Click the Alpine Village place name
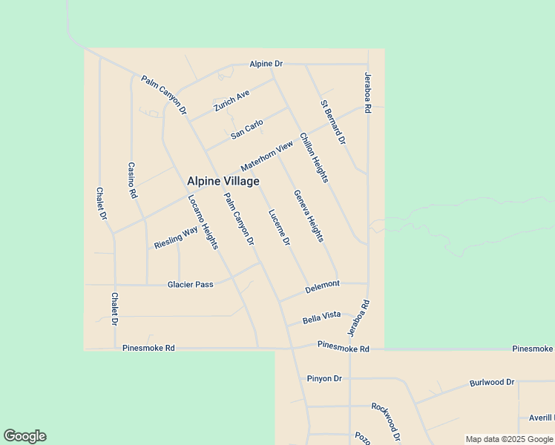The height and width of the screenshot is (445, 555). click(x=223, y=181)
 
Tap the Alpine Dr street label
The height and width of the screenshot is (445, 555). click(x=266, y=65)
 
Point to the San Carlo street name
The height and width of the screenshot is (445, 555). click(x=247, y=129)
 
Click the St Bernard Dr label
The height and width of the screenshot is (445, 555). click(x=333, y=122)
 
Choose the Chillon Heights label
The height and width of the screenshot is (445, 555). click(x=314, y=157)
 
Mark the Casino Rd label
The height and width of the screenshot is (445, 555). click(x=132, y=180)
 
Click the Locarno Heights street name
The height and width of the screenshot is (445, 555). click(x=203, y=222)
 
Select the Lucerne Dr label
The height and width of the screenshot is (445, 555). click(x=278, y=226)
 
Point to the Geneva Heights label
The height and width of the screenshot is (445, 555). click(x=309, y=216)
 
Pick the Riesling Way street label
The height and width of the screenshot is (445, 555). click(x=176, y=237)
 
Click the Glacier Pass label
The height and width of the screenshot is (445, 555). click(x=190, y=284)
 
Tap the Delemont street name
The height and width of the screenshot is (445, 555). click(x=323, y=285)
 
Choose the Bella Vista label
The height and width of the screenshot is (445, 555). click(x=322, y=317)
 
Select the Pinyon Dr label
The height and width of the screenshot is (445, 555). click(x=324, y=378)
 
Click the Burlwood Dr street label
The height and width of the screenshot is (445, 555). click(x=491, y=383)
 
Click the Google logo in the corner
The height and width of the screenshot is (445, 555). click(x=24, y=436)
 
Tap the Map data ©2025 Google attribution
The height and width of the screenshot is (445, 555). click(x=510, y=439)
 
